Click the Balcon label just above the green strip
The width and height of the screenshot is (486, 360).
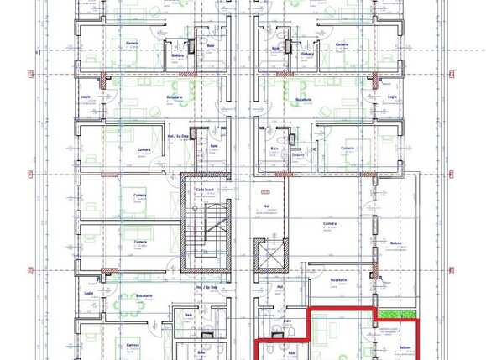point(395,244)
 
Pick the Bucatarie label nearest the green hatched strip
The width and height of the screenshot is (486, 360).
point(338,279)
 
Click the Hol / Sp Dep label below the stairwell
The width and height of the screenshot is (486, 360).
point(206,287)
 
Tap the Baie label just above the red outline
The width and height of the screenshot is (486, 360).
point(287,320)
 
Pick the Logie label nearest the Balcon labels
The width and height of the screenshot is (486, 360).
point(392,97)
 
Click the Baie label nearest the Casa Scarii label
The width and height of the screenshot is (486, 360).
point(213,147)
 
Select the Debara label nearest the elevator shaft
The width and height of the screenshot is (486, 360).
point(297,154)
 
